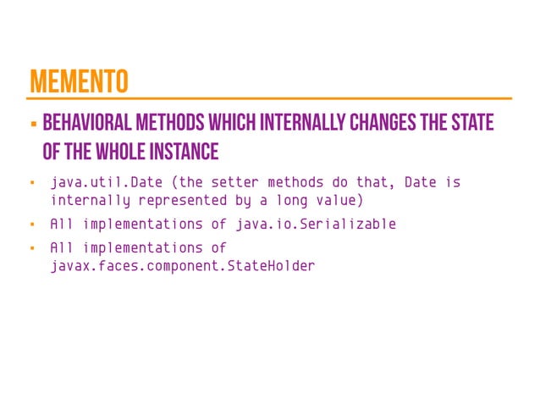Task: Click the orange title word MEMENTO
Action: [x=78, y=81]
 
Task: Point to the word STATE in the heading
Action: [x=471, y=124]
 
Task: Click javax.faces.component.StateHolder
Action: [x=182, y=266]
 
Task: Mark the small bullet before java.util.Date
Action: [x=30, y=183]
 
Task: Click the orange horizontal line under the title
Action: [x=271, y=98]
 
